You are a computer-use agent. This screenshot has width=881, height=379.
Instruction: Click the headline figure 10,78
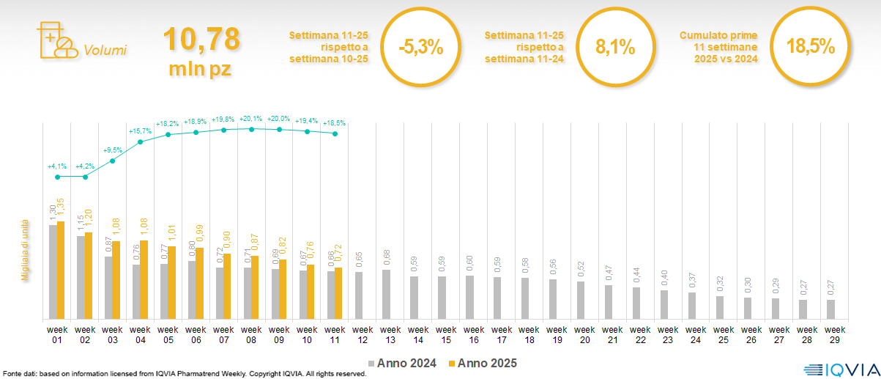pos(201,40)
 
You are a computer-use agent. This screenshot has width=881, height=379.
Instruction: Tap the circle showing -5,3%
pos(420,48)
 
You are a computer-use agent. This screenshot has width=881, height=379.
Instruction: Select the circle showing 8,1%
pos(614,48)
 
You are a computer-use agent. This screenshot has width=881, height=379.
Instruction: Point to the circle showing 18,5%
pos(810,48)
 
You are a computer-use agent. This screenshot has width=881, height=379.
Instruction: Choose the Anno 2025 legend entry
pos(483,363)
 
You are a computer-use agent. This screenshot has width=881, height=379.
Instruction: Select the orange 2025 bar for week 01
pos(62,270)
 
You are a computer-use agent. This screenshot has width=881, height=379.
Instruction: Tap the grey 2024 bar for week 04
pos(136,292)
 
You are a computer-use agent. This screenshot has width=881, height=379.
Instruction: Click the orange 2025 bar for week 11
pos(338,293)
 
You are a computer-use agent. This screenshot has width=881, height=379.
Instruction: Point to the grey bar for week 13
pos(387,294)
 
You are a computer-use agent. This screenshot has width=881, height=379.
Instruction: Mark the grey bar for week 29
pos(830,309)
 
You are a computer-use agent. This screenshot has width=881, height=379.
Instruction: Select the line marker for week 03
pos(113,161)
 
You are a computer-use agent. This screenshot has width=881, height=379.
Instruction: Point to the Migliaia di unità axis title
pos(25,249)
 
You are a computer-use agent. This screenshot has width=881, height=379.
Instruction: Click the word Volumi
pos(105,51)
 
